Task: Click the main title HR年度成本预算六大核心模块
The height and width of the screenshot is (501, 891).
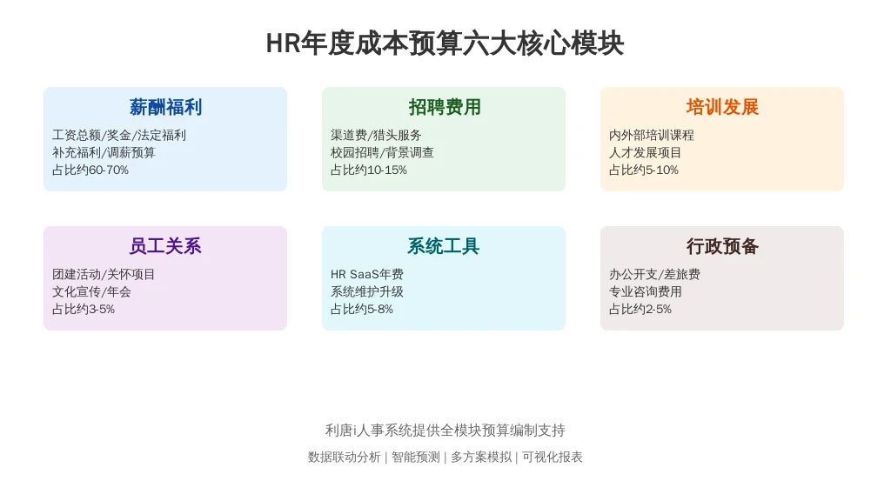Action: pyautogui.click(x=445, y=43)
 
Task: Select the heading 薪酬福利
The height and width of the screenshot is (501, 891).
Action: pyautogui.click(x=165, y=107)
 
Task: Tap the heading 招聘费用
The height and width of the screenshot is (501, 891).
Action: pyautogui.click(x=445, y=107)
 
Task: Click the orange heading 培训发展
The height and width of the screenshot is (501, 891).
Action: pyautogui.click(x=722, y=107)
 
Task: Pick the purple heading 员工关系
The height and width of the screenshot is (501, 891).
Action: pyautogui.click(x=165, y=246)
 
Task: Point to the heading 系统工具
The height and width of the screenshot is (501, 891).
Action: pyautogui.click(x=444, y=246)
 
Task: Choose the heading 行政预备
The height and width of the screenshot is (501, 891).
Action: pyautogui.click(x=722, y=246)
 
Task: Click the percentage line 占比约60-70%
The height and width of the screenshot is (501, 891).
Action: pyautogui.click(x=90, y=170)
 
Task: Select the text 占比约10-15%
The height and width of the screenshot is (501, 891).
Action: pyautogui.click(x=369, y=170)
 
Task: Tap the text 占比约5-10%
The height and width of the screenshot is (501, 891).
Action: pyautogui.click(x=644, y=170)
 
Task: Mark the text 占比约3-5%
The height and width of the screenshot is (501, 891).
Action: pyautogui.click(x=84, y=309)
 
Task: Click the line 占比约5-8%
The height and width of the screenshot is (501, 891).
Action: pyautogui.click(x=362, y=309)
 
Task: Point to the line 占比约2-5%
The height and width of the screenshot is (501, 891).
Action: pyautogui.click(x=640, y=309)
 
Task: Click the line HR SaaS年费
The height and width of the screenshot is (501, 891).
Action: pyautogui.click(x=367, y=274)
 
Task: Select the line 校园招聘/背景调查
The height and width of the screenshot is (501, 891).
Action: pyautogui.click(x=382, y=152)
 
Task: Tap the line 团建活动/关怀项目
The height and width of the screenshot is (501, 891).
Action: pyautogui.click(x=104, y=274)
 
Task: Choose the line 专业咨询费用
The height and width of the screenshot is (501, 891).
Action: pyautogui.click(x=646, y=291)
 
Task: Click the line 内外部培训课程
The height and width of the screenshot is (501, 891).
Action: pyautogui.click(x=652, y=135)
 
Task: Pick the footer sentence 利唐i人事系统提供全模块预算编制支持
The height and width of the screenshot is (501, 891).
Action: pyautogui.click(x=445, y=431)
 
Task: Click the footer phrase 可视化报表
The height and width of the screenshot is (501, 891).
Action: pyautogui.click(x=553, y=458)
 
